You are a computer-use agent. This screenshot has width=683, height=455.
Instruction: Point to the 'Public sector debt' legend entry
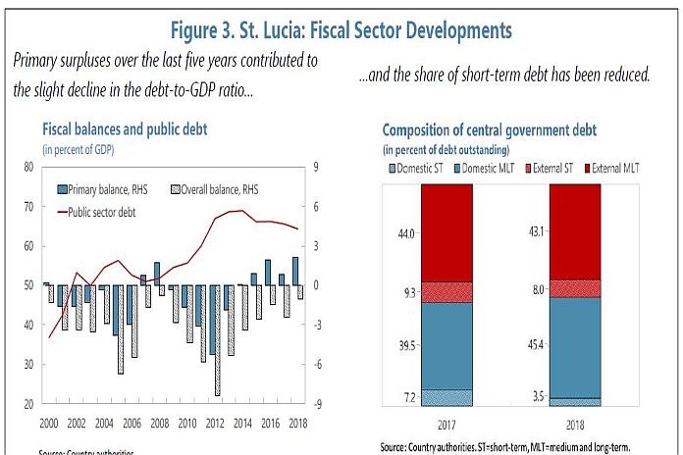[117, 208]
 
